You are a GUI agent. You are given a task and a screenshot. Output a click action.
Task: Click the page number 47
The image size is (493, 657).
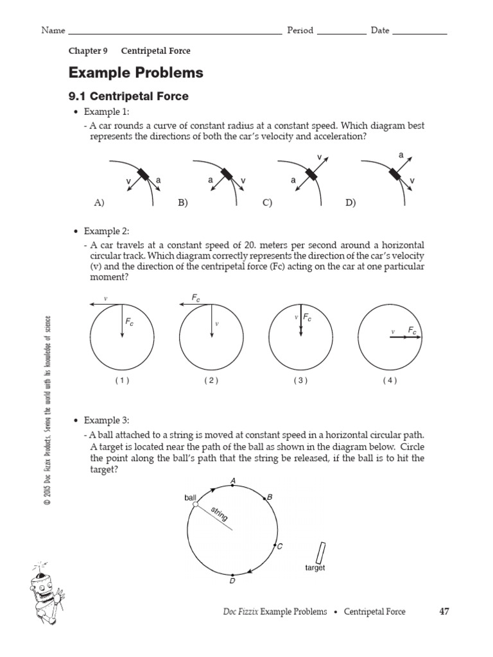444,611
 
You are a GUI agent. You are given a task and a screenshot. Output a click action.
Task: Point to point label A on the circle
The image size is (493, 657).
232,462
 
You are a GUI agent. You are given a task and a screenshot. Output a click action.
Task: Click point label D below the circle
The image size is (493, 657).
232,581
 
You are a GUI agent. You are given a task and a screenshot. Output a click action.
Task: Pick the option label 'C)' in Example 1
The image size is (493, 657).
268,203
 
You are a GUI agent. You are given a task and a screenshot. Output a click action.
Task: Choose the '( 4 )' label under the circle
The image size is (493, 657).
390,380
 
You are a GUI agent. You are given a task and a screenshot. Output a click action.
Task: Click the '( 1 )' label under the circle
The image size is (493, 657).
122,380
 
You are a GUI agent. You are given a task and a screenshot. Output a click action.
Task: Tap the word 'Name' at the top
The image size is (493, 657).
53,31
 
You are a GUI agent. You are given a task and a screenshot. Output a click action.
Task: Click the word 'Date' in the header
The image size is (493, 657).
380,31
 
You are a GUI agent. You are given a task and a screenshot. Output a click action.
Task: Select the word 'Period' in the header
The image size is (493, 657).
300,31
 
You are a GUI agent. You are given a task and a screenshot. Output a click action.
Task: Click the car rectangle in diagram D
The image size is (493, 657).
393,175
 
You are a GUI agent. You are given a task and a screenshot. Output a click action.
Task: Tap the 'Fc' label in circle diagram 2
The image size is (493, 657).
196,298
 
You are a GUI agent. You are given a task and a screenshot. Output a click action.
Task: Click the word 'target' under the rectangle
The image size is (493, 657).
315,568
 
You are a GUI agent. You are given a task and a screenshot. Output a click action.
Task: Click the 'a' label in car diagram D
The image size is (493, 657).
401,155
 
